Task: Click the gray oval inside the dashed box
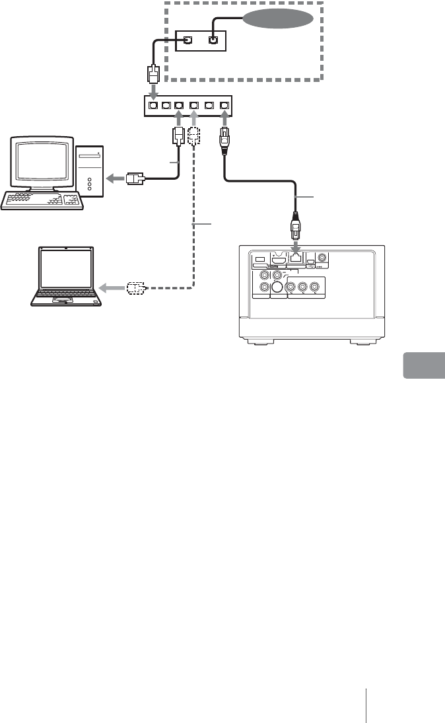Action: pos(277,19)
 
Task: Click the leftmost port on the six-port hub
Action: pos(153,104)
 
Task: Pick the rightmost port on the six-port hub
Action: pos(225,104)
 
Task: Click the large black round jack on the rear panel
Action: pos(277,287)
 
